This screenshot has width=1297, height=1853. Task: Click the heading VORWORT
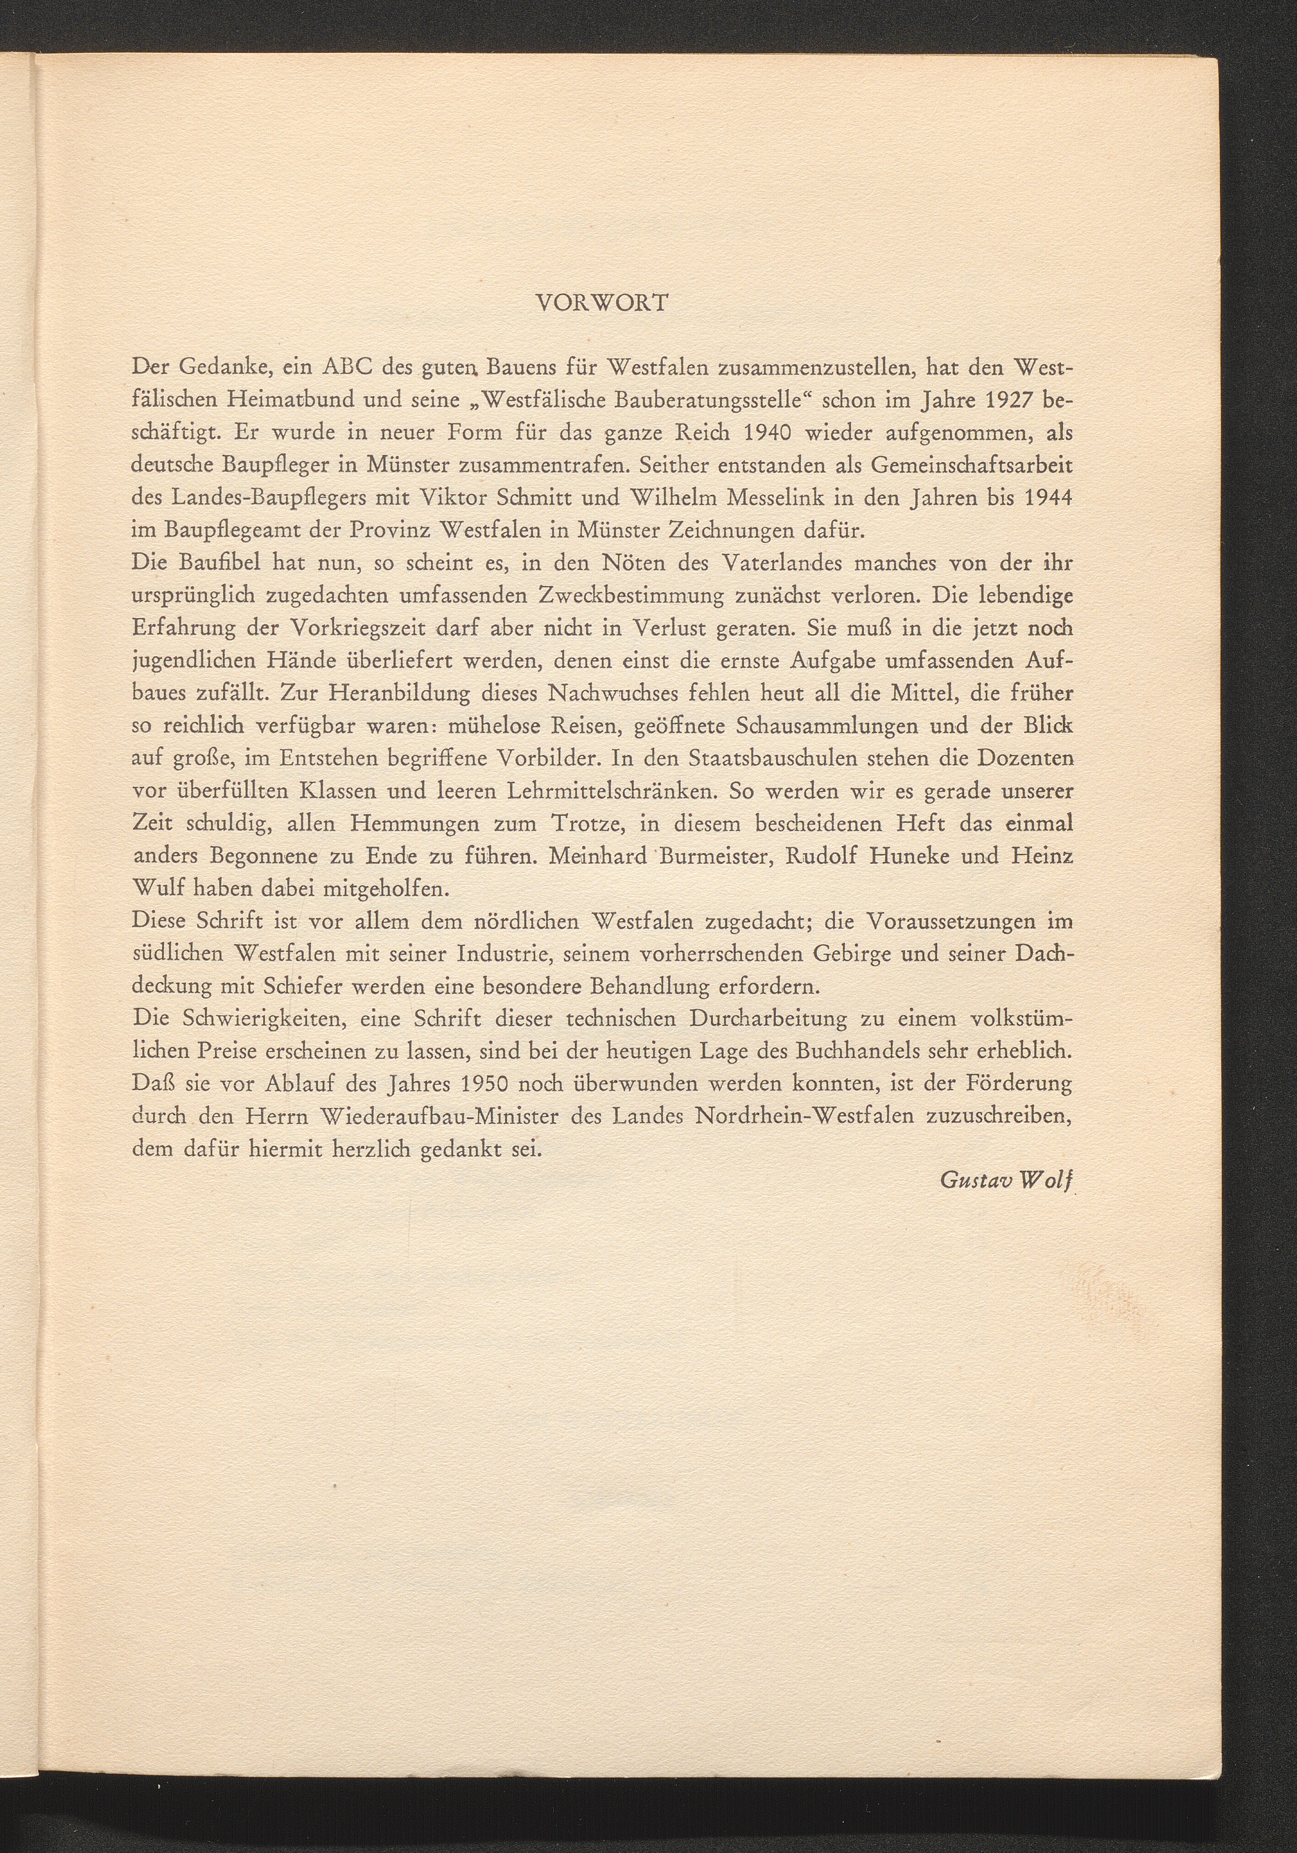[603, 303]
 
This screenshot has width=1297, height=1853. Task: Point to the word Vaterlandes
[786, 563]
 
